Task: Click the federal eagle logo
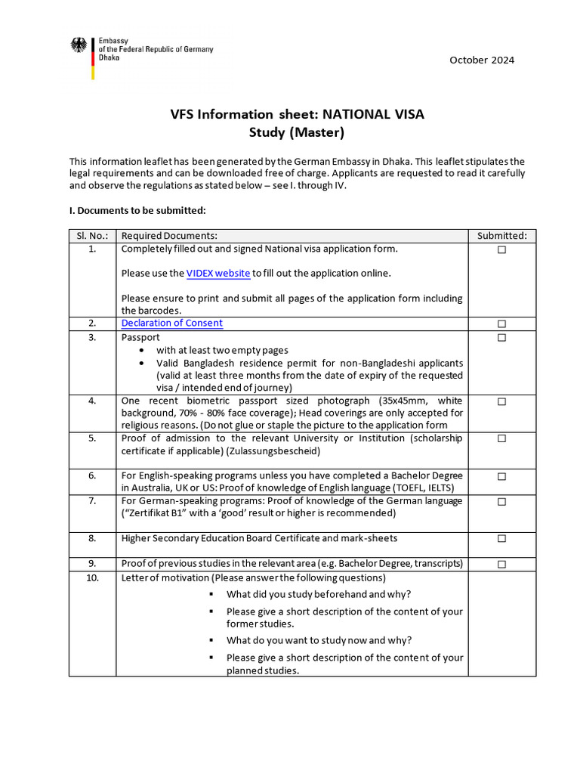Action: pos(79,45)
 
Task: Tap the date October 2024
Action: pos(482,60)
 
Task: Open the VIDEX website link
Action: pos(218,273)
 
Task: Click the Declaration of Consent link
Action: pos(172,323)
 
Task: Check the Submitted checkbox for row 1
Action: pos(501,249)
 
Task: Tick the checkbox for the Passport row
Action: pos(501,338)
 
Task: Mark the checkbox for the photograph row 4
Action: pos(501,401)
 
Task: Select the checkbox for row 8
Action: pos(501,539)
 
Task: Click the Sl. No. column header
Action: pos(92,236)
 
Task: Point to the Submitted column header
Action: pos(501,236)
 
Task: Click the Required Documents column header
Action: pos(169,236)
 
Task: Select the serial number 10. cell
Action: pos(92,578)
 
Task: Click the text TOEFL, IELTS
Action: pos(440,488)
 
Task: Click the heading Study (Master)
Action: pos(297,133)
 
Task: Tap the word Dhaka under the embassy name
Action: pos(110,57)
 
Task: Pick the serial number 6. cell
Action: pos(92,476)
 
